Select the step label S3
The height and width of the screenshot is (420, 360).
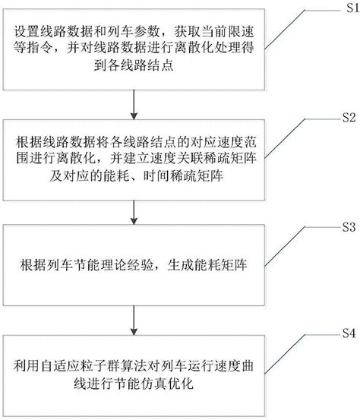pos(349,226)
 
